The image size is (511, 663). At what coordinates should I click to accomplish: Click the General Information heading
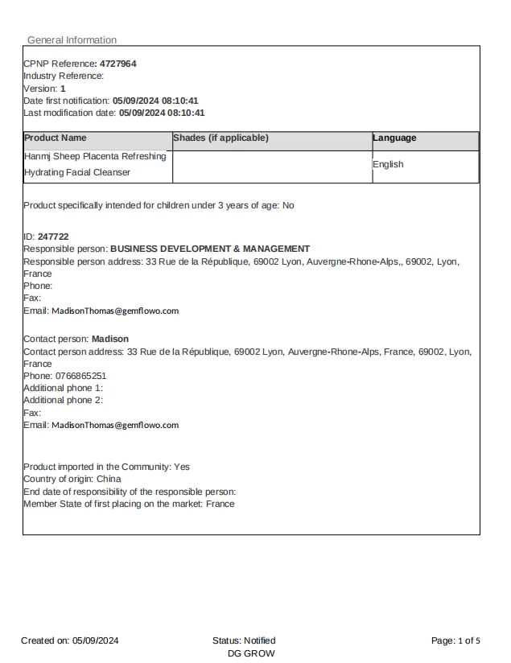[x=72, y=40]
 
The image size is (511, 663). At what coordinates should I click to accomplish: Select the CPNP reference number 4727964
[x=117, y=64]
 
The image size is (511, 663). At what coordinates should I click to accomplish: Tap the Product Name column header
[x=56, y=138]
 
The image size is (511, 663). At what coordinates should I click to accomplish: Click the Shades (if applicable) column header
[x=220, y=138]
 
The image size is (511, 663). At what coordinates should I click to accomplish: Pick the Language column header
[x=394, y=138]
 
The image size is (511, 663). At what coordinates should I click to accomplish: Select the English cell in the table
[x=388, y=164]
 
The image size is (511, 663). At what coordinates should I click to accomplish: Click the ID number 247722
[x=53, y=237]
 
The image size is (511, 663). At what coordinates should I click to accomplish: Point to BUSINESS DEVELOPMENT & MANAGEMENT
[x=210, y=249]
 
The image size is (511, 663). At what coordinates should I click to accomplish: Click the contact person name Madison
[x=110, y=339]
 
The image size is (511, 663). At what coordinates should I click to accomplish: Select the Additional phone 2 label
[x=63, y=400]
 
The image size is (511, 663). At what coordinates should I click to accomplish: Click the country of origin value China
[x=109, y=479]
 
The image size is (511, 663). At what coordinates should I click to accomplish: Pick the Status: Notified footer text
[x=244, y=640]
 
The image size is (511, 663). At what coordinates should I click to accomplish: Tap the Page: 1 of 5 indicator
[x=455, y=640]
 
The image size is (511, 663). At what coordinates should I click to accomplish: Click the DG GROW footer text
[x=251, y=653]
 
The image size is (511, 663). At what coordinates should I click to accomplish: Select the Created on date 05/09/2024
[x=96, y=640]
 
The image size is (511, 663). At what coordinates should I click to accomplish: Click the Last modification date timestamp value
[x=162, y=113]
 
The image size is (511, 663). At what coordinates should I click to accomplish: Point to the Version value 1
[x=63, y=89]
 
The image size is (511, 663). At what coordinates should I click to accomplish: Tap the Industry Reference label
[x=64, y=76]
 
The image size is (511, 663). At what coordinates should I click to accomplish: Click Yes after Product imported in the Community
[x=182, y=467]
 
